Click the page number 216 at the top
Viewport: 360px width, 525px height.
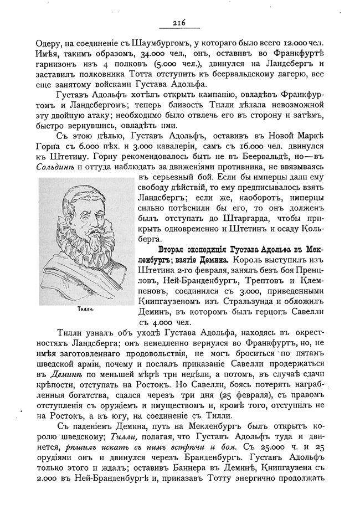[x=179, y=23]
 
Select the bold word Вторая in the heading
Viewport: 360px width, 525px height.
[x=175, y=250]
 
